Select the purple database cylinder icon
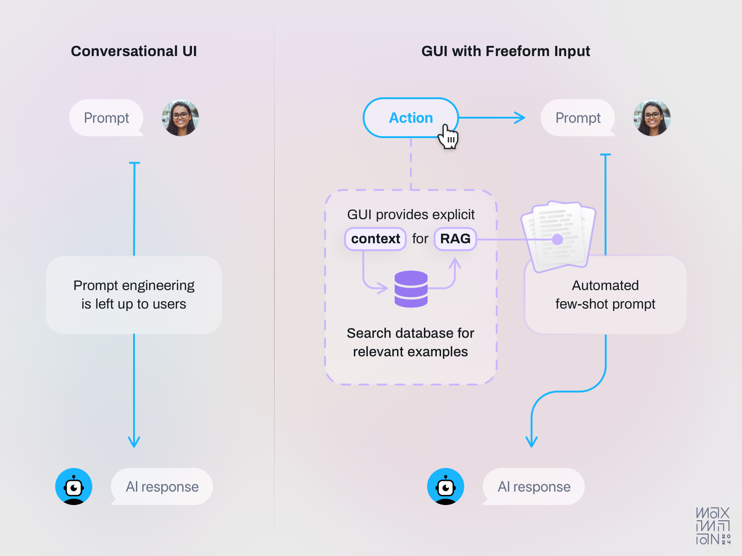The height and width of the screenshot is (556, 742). (x=411, y=289)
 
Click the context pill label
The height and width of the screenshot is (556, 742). (x=375, y=239)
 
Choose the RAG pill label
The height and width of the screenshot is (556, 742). (x=455, y=239)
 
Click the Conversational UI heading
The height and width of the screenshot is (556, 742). (x=134, y=51)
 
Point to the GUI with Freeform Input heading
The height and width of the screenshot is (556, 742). (x=505, y=51)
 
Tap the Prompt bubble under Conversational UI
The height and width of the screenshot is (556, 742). (x=106, y=118)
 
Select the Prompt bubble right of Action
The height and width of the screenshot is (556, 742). (x=578, y=118)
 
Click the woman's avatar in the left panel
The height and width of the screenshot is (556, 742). (x=180, y=118)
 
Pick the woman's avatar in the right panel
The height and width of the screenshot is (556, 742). (x=652, y=118)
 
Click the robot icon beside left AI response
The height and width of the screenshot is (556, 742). (x=74, y=486)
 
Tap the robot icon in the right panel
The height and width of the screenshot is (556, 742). (x=446, y=486)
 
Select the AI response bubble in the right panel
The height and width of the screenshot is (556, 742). (x=534, y=486)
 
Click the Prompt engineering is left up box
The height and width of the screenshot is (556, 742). (x=134, y=295)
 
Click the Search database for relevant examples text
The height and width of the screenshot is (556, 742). (x=410, y=342)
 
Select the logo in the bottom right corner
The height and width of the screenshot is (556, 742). (x=713, y=526)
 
